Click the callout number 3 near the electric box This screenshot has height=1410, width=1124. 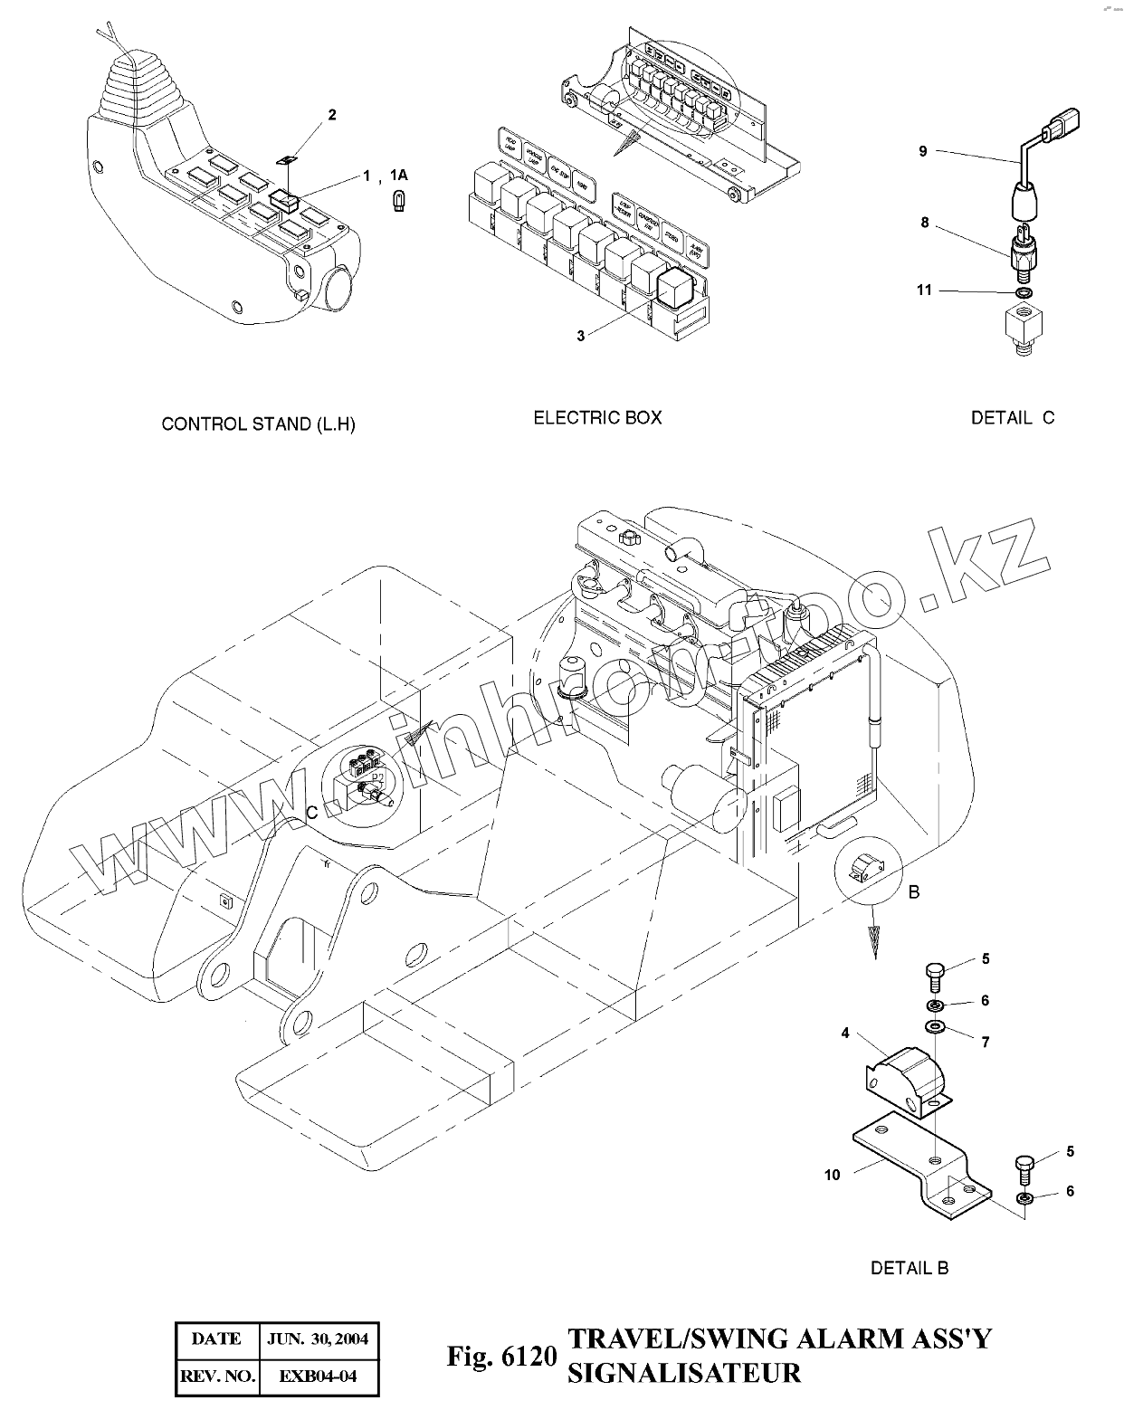pos(581,336)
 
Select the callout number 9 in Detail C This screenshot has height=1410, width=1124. pos(923,151)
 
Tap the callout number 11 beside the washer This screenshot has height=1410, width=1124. pos(923,291)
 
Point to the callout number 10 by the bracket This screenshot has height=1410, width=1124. pos(833,1175)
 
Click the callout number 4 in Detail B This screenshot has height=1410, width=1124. pos(845,1033)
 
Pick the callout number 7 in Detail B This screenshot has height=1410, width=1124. pos(986,1042)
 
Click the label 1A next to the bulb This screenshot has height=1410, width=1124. pos(399,175)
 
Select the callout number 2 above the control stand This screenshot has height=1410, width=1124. pos(332,115)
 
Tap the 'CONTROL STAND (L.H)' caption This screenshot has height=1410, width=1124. pos(258,424)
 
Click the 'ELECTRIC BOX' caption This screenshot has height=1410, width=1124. pos(597,417)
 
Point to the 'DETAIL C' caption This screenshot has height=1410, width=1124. pos(1013,417)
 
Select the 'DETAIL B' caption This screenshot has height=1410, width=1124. pos(910,1268)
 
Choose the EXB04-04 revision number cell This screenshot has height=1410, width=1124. pos(318,1377)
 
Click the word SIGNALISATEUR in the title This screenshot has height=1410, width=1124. pos(684,1372)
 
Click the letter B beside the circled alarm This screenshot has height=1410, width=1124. pos(914,892)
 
